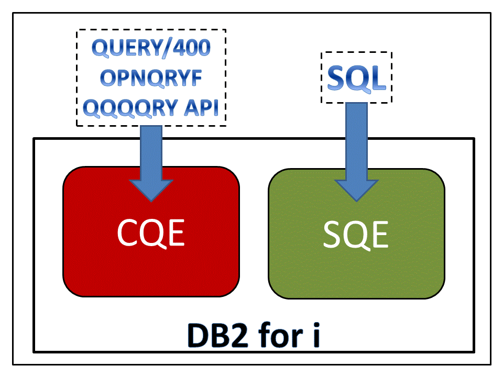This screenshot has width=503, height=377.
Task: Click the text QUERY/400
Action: [x=151, y=49]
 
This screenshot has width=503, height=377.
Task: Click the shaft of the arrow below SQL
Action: [x=356, y=136]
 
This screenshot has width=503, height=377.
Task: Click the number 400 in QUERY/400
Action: [x=190, y=49]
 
